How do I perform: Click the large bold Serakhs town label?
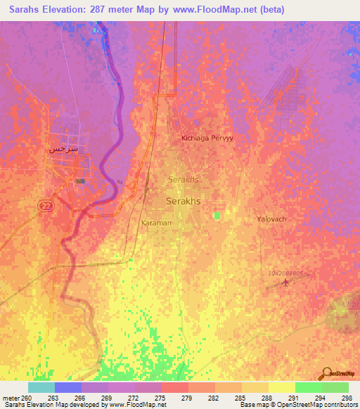coord(182,201)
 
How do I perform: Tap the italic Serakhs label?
coord(184,180)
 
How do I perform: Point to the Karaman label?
coord(156,223)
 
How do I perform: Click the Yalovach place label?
coord(271,219)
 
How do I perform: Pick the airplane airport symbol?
coord(285,283)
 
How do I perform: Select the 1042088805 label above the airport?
coord(285,273)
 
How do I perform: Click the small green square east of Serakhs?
coord(218,215)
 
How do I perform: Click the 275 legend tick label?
coord(161,398)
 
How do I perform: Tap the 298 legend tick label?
coord(345,398)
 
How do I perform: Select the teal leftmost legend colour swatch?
coord(41,387)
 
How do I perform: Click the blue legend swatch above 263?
coord(67,387)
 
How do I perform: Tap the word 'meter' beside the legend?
coord(11,398)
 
